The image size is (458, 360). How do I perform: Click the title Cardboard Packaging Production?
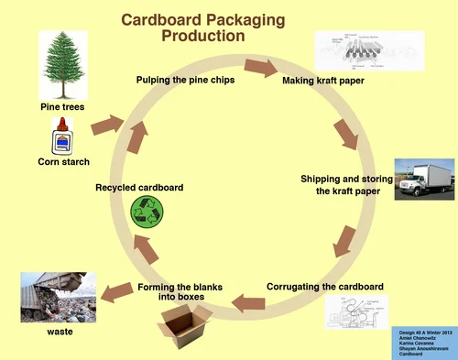(x=202, y=27)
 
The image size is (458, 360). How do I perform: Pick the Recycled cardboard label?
(x=139, y=188)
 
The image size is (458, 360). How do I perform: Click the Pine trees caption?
(x=62, y=107)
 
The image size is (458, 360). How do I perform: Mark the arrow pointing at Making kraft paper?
(x=261, y=68)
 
